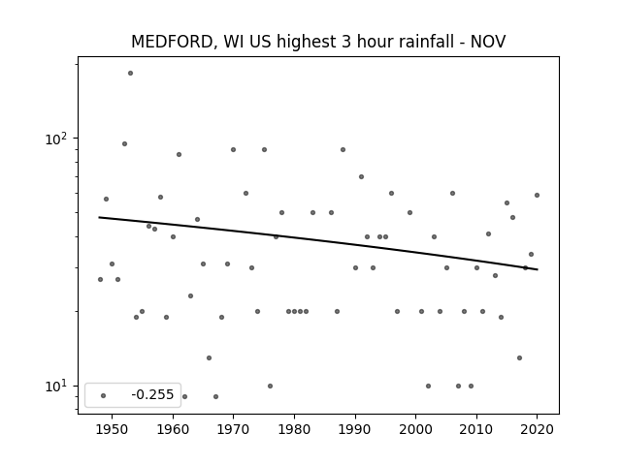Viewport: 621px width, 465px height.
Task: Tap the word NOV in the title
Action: [x=488, y=42]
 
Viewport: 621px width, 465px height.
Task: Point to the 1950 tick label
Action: [x=113, y=429]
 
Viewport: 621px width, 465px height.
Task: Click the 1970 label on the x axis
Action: [x=233, y=429]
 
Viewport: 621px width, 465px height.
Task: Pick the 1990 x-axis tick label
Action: [x=355, y=429]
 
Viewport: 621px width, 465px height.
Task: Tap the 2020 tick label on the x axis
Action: [x=537, y=429]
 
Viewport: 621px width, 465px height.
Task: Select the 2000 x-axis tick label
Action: [x=416, y=429]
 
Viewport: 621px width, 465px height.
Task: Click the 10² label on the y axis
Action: [x=56, y=139]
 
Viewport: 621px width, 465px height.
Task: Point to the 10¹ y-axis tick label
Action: [x=56, y=386]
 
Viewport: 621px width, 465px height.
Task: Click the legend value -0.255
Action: [x=152, y=394]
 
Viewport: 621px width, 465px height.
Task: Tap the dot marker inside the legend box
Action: [x=104, y=395]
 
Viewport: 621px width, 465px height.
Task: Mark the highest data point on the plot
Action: [x=130, y=74]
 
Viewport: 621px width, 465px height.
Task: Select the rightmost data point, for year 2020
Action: [x=537, y=195]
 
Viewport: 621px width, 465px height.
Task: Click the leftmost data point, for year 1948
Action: [x=100, y=280]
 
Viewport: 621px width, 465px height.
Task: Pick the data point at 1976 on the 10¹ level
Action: [x=270, y=386]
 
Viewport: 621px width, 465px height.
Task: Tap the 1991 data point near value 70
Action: [x=361, y=176]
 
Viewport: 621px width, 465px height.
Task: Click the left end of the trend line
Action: [x=99, y=217]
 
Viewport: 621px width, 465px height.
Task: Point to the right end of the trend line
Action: [x=538, y=269]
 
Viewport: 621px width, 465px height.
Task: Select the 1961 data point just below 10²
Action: [x=179, y=155]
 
